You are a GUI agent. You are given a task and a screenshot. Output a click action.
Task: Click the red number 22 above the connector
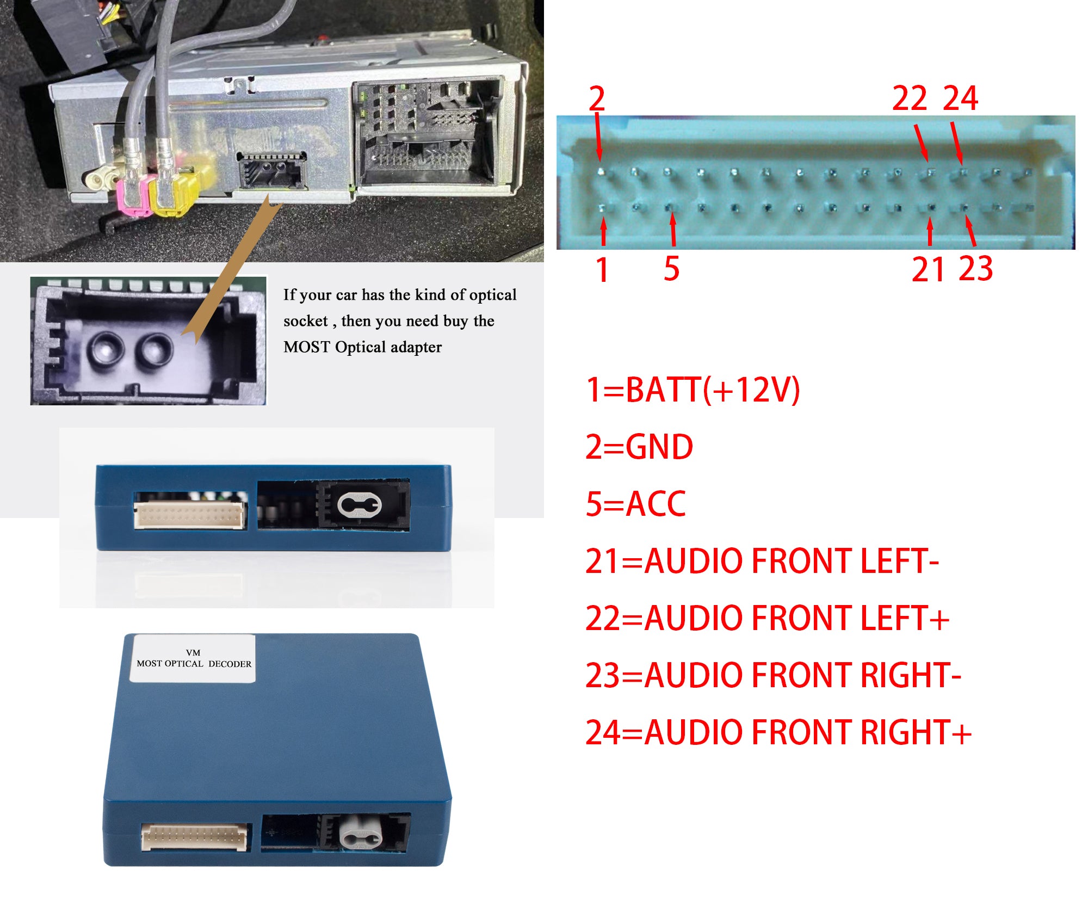pyautogui.click(x=909, y=98)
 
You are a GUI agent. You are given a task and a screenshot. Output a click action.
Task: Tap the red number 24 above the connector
pyautogui.click(x=960, y=98)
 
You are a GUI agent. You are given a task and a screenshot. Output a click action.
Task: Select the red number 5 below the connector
pyautogui.click(x=672, y=268)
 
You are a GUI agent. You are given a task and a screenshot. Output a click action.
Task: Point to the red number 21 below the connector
pyautogui.click(x=928, y=269)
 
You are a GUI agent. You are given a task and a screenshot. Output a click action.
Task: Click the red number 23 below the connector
pyautogui.click(x=976, y=268)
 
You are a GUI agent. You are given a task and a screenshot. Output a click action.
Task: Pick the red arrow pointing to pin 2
pyautogui.click(x=598, y=135)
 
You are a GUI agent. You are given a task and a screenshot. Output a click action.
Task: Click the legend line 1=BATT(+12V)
pyautogui.click(x=693, y=390)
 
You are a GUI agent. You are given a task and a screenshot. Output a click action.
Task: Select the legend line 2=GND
pyautogui.click(x=639, y=447)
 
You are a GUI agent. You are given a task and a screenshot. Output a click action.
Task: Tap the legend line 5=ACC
pyautogui.click(x=635, y=504)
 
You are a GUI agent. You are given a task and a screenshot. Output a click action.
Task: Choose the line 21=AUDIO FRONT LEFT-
pyautogui.click(x=762, y=561)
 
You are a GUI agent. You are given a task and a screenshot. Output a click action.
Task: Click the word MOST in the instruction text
pyautogui.click(x=306, y=347)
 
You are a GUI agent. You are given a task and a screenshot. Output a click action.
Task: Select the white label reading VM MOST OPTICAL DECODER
pyautogui.click(x=193, y=658)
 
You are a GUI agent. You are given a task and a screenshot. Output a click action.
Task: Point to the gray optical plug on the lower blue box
pyautogui.click(x=360, y=832)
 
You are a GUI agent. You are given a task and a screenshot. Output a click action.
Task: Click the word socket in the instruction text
pyautogui.click(x=305, y=321)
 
